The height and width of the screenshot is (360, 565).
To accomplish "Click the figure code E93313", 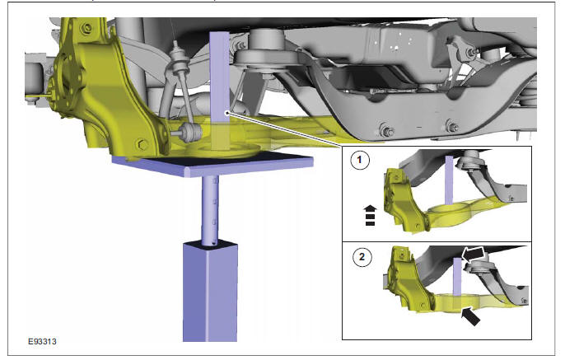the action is tap(42, 341).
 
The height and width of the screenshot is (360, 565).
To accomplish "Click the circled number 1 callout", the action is tap(360, 159).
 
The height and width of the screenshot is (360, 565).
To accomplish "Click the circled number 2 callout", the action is tap(362, 256).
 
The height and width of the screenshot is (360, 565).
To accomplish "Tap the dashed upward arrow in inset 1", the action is tap(370, 215).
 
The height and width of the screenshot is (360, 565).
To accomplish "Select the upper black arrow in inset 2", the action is tap(474, 255).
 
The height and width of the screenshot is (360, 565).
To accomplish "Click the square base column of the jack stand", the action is tap(210, 292).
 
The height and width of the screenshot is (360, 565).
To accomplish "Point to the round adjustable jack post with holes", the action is tap(210, 210).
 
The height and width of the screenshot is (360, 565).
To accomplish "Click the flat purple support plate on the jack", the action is tap(212, 164).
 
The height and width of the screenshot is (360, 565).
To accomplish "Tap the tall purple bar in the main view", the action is tap(219, 90).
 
